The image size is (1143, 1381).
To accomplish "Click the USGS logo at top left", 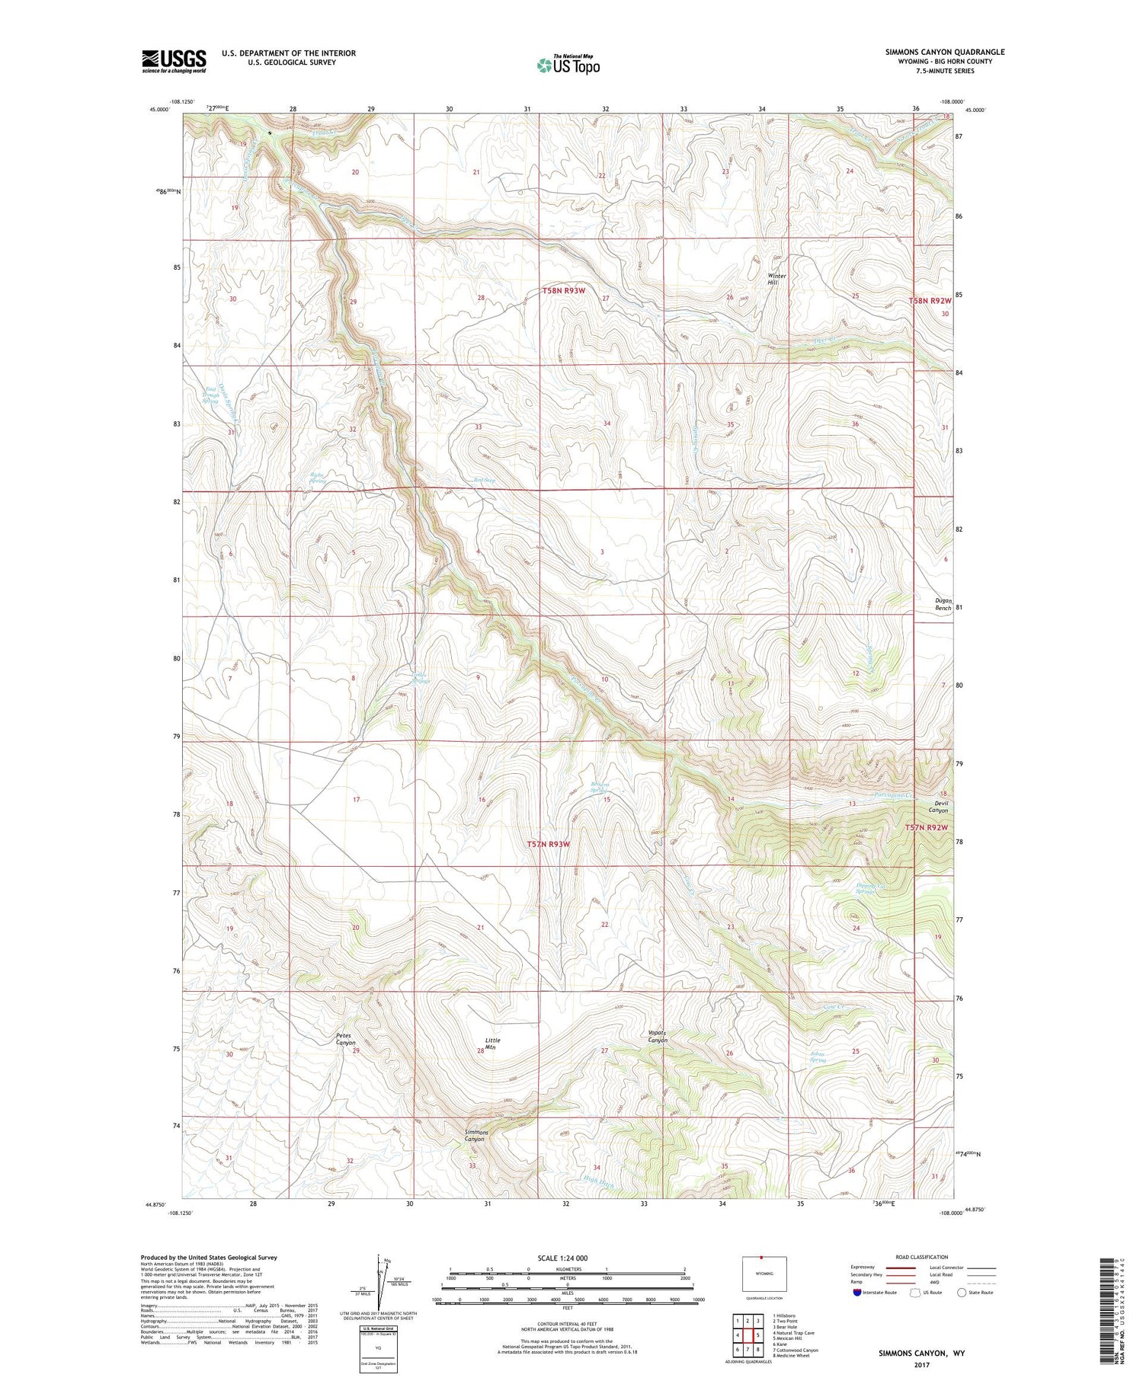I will tap(174, 61).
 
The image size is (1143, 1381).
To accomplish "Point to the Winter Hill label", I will tap(776, 280).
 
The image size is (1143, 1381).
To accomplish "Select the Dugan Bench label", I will tap(943, 605).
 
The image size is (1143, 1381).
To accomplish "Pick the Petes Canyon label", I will tap(345, 1039).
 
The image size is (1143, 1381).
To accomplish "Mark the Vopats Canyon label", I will tap(658, 1037).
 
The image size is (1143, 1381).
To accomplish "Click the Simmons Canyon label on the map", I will tap(476, 1136).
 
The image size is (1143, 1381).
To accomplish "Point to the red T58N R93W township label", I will tap(564, 291).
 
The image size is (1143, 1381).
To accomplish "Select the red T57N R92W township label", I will tap(927, 828).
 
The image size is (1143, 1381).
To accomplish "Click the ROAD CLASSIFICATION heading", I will tap(922, 1257).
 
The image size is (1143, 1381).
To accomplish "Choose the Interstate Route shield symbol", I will tap(856, 1293).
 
